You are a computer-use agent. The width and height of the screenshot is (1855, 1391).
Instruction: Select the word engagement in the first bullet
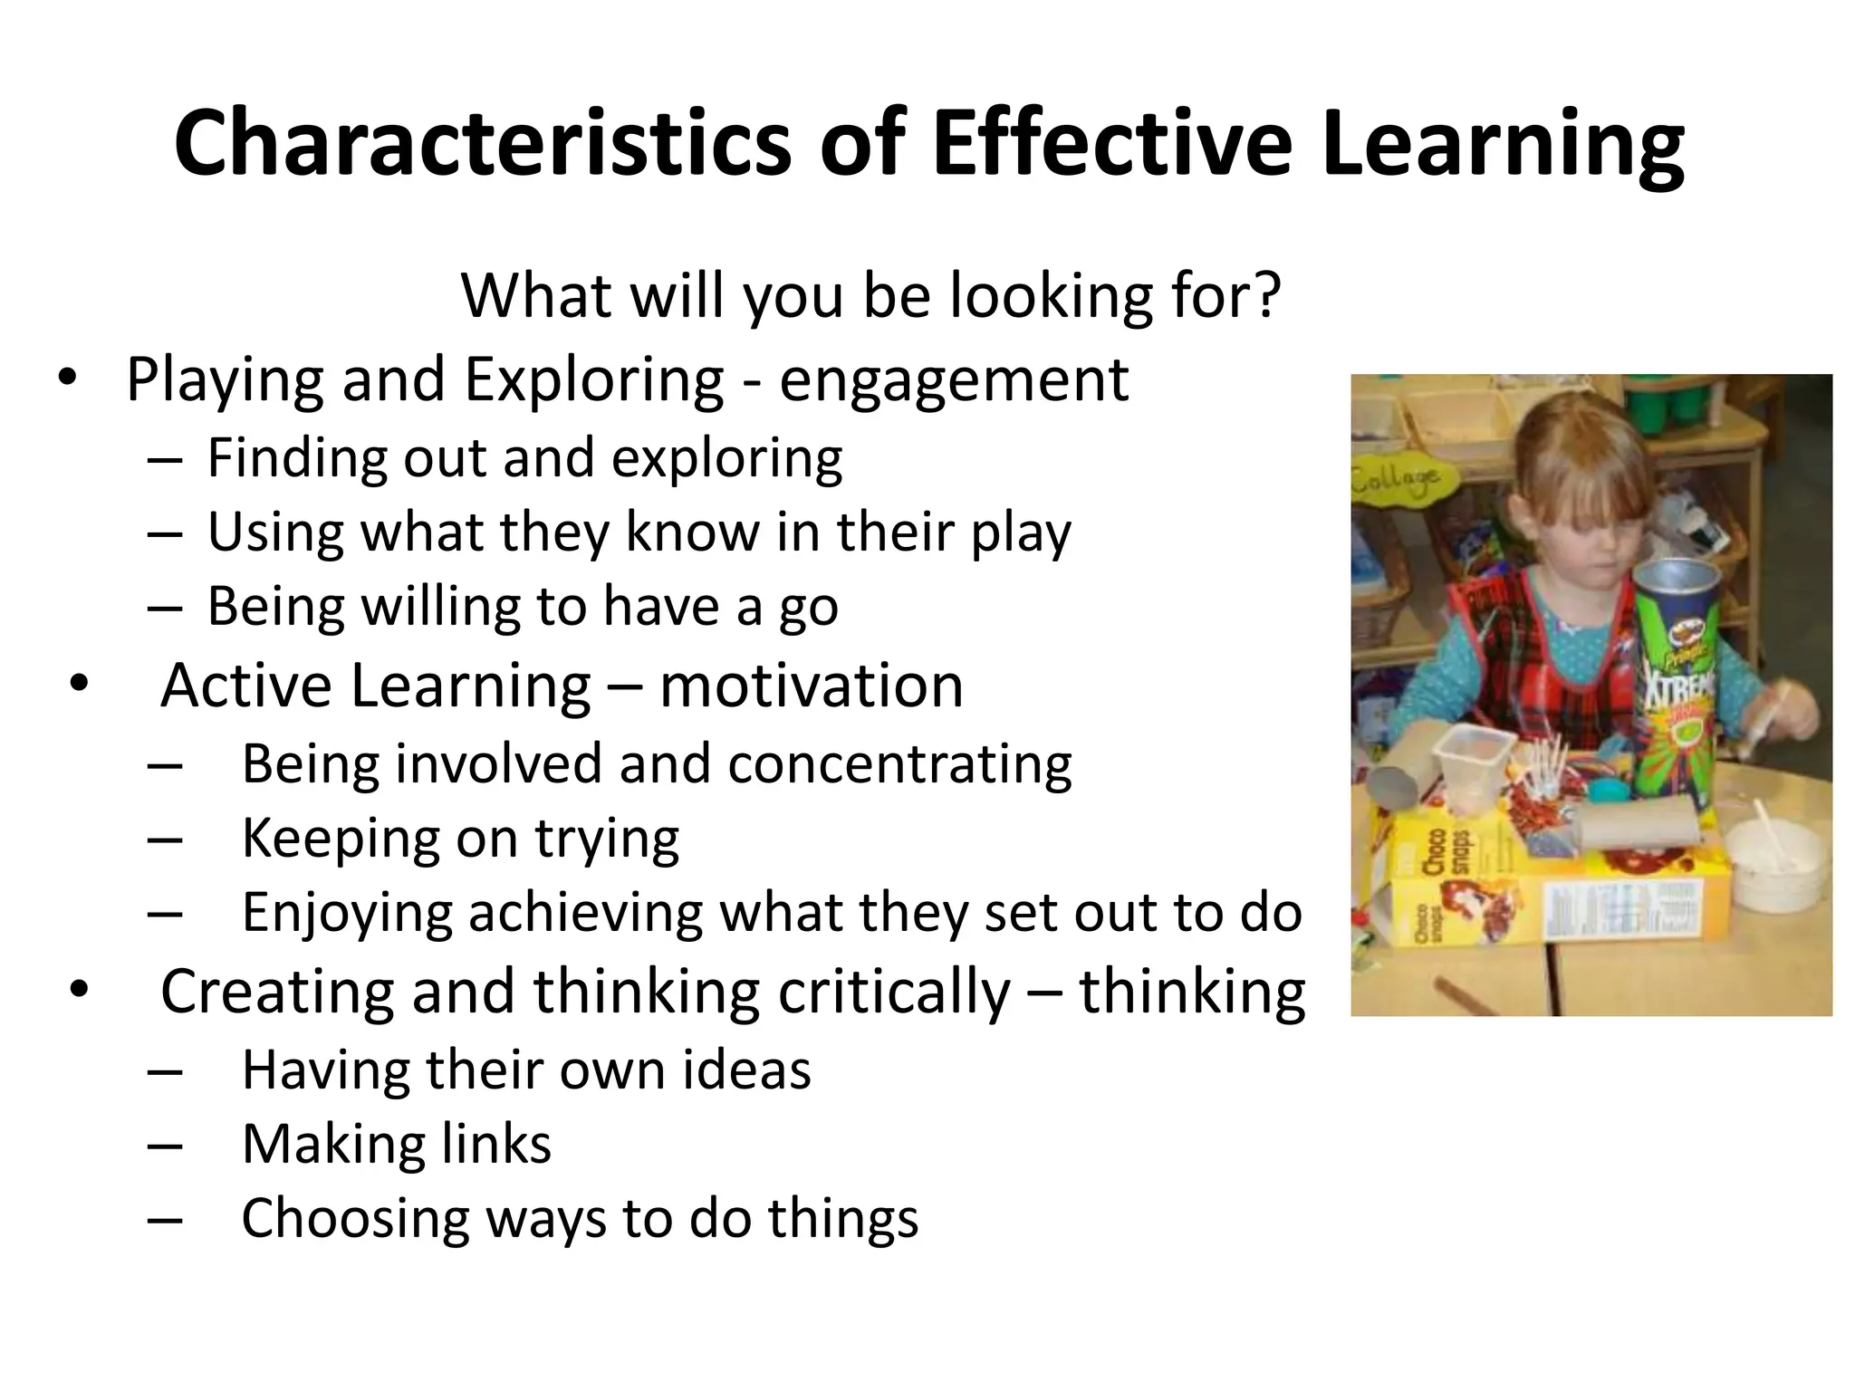click(954, 380)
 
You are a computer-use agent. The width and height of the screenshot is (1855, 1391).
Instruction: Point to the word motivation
click(811, 686)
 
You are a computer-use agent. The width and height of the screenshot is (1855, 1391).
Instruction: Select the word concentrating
click(899, 764)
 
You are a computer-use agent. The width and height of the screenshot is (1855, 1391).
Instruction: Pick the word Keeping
click(341, 839)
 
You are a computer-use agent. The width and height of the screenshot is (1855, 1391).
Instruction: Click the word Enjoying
click(347, 913)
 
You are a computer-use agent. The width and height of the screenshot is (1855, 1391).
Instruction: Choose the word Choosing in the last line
click(355, 1218)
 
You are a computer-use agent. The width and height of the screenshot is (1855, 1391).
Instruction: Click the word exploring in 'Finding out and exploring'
click(726, 458)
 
